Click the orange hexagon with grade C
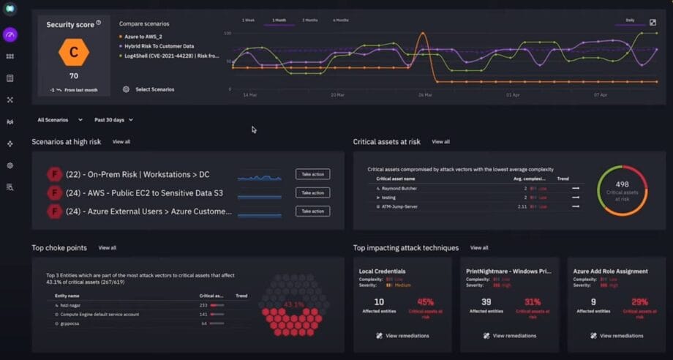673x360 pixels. (x=74, y=53)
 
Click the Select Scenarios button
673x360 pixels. (x=154, y=89)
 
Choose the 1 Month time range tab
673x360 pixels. (x=279, y=20)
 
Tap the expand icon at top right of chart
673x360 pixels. (x=653, y=22)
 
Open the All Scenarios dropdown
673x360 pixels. (x=56, y=119)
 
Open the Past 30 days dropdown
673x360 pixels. (x=113, y=119)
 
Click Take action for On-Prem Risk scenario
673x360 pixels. (x=312, y=174)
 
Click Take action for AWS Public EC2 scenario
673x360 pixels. (x=312, y=192)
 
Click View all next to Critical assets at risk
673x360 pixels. (x=440, y=141)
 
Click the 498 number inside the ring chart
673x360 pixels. (x=623, y=184)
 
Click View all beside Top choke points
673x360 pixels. (x=108, y=248)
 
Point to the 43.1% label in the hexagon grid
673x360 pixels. (x=294, y=304)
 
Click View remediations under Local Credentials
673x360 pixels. (x=402, y=336)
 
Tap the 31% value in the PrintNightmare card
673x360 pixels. (x=533, y=301)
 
